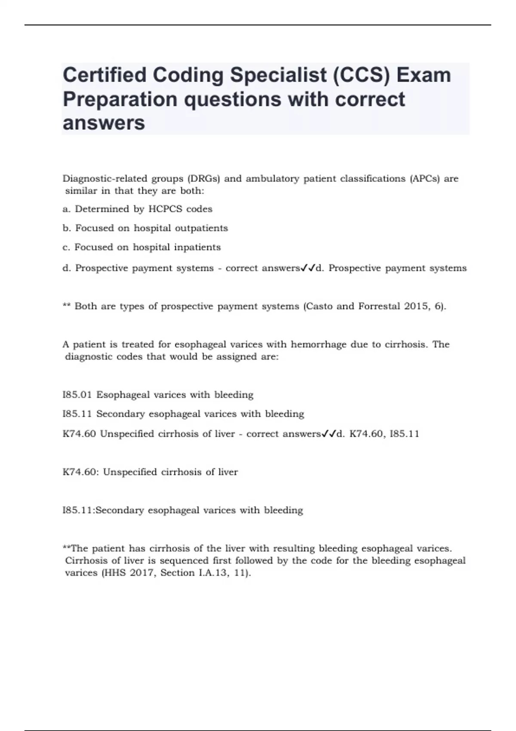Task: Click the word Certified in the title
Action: pyautogui.click(x=104, y=75)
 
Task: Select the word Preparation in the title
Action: pyautogui.click(x=120, y=99)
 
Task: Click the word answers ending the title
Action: pyautogui.click(x=104, y=123)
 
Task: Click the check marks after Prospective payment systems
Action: pyautogui.click(x=308, y=268)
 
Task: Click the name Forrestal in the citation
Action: pyautogui.click(x=379, y=306)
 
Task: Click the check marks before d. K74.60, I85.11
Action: pyautogui.click(x=329, y=433)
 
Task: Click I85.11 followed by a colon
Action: pyautogui.click(x=78, y=510)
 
